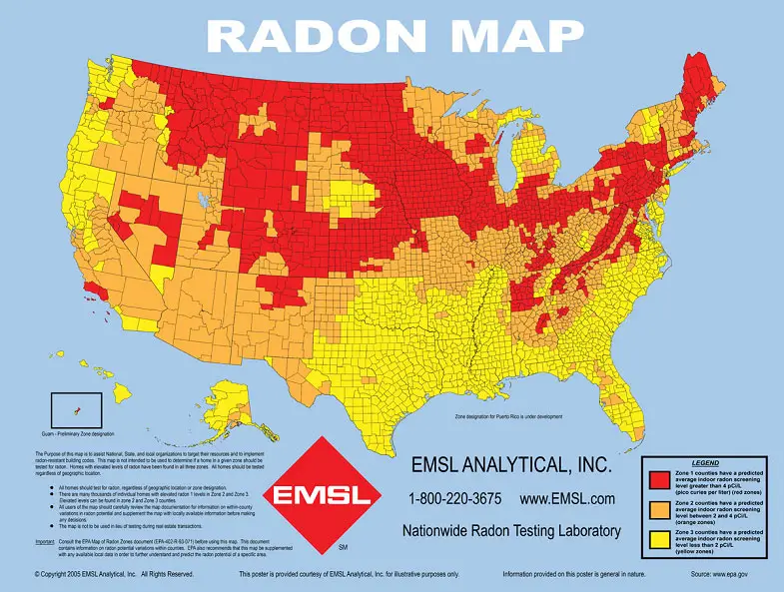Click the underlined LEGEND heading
[704, 463]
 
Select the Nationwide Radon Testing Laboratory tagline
[512, 531]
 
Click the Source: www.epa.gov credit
[723, 575]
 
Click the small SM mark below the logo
[343, 548]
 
